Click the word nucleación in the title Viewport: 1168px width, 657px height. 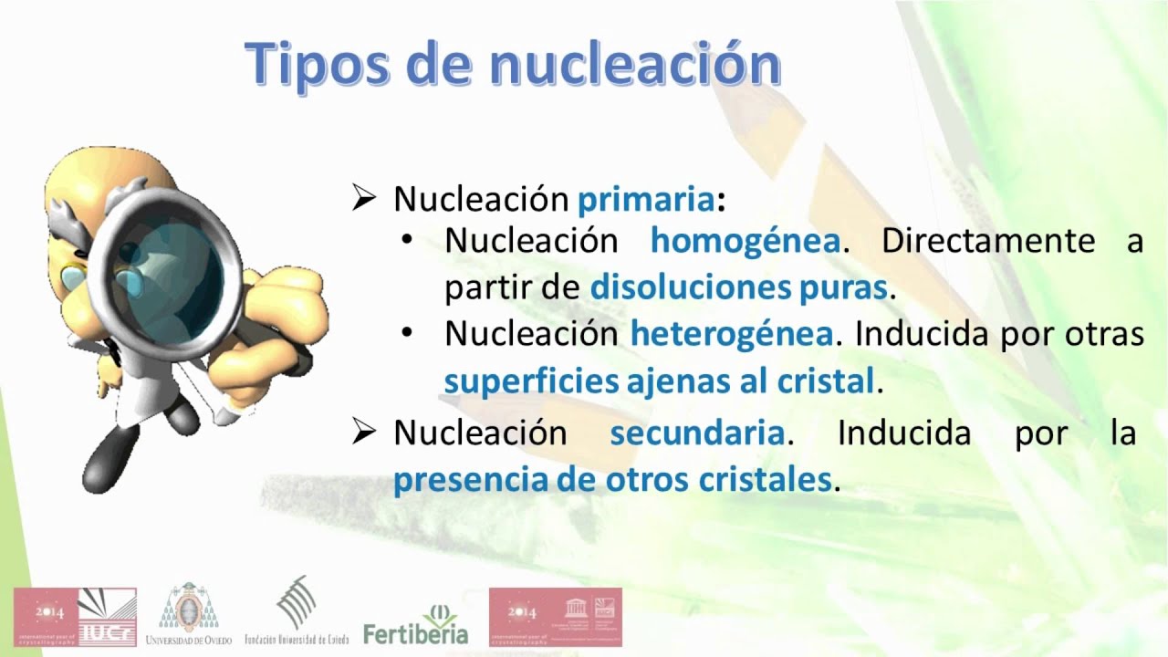click(635, 64)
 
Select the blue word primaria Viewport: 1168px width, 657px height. click(646, 199)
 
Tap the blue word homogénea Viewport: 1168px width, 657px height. click(745, 241)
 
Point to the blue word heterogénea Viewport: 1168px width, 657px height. click(731, 334)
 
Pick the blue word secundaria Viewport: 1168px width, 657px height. click(697, 433)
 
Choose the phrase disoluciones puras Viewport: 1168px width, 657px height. click(739, 288)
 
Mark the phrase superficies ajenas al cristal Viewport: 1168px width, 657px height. click(660, 381)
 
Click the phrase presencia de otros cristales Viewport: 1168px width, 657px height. click(612, 480)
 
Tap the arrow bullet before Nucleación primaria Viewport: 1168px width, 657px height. click(364, 199)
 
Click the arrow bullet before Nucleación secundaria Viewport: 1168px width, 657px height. click(364, 433)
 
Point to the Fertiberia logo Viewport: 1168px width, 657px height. click(415, 624)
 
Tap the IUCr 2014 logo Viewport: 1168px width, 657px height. click(75, 617)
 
